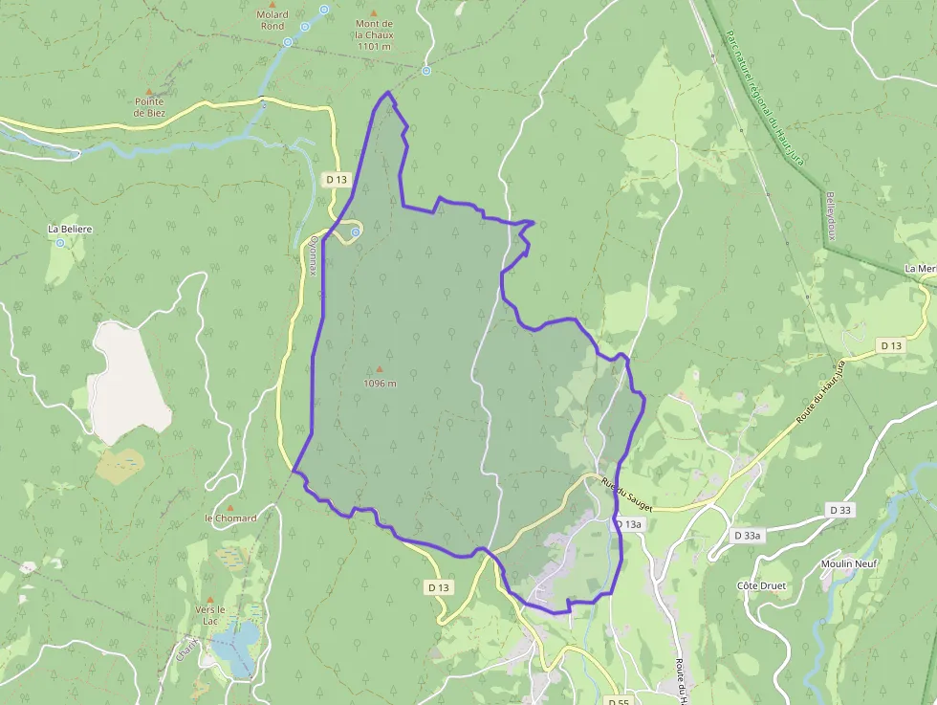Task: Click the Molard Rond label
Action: pos(272,20)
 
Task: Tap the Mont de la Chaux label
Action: pos(374,34)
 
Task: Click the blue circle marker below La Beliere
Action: pos(60,243)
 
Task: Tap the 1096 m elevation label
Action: pos(380,384)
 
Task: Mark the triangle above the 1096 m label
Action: pos(380,370)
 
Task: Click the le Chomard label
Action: pos(230,518)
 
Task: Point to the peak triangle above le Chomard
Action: pos(229,507)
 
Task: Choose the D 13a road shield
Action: pos(628,525)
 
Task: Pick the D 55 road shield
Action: pos(618,700)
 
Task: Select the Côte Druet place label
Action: pos(760,584)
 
